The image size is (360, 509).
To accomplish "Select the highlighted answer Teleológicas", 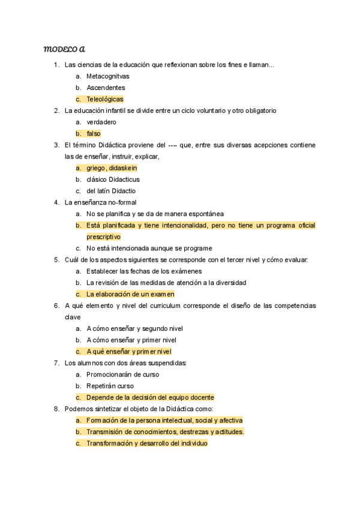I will click(105, 99).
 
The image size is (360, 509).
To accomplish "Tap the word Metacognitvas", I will click(108, 76).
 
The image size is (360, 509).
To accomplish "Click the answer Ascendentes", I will click(106, 88).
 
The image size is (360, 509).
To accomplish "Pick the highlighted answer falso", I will click(94, 133).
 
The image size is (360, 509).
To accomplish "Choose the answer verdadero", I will click(101, 122).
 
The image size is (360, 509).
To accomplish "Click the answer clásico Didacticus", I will click(113, 179).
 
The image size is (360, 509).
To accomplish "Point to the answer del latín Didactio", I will click(111, 191).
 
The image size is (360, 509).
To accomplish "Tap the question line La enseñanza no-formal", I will click(100, 202).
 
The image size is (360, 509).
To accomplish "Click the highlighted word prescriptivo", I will click(103, 236).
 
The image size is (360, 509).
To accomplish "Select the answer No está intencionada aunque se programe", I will click(149, 248).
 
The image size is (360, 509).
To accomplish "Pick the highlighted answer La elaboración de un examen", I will click(130, 294).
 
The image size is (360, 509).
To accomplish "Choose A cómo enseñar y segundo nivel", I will click(134, 328).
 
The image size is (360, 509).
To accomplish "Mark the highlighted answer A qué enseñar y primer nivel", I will click(128, 351).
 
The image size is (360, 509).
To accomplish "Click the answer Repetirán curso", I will click(110, 386).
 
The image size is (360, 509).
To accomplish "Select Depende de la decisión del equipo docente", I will click(150, 397).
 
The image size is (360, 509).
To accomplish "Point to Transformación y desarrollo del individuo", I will click(147, 443).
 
